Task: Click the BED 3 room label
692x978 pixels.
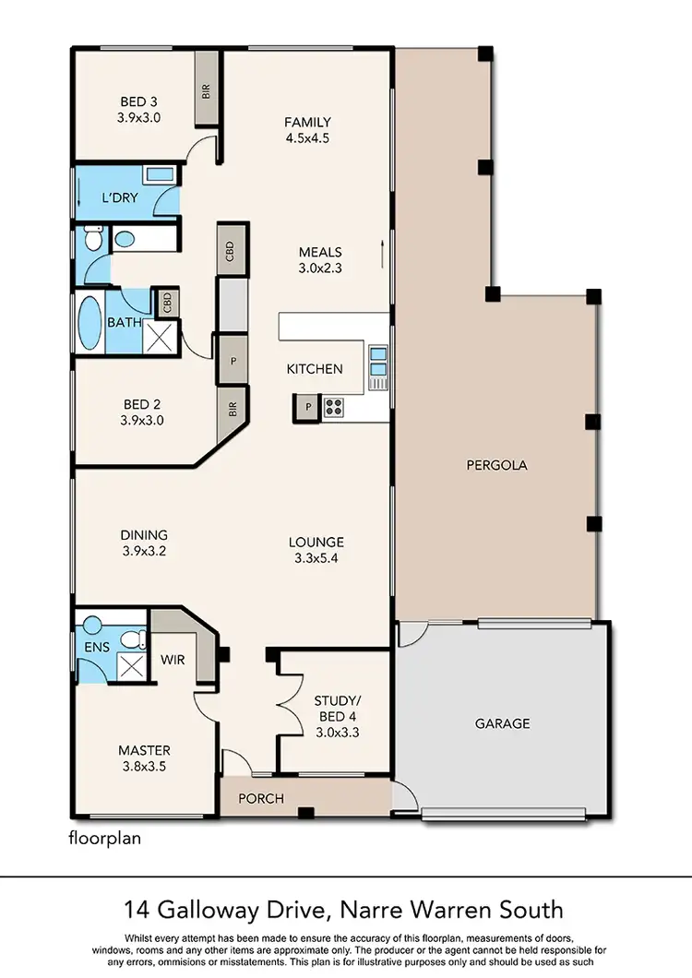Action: tap(139, 109)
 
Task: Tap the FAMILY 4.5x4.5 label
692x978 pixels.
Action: tap(307, 130)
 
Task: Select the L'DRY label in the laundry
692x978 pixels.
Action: tap(120, 198)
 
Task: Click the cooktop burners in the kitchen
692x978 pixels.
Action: tap(332, 406)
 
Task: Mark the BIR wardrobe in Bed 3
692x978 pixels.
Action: tap(207, 89)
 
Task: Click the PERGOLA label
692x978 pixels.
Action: tap(496, 465)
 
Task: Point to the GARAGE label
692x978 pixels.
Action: tap(503, 723)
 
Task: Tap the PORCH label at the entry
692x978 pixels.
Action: tap(261, 798)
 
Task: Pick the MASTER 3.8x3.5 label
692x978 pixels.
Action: tap(144, 757)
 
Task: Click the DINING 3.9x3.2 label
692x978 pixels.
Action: tap(144, 543)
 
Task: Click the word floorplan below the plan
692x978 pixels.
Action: tap(104, 839)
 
